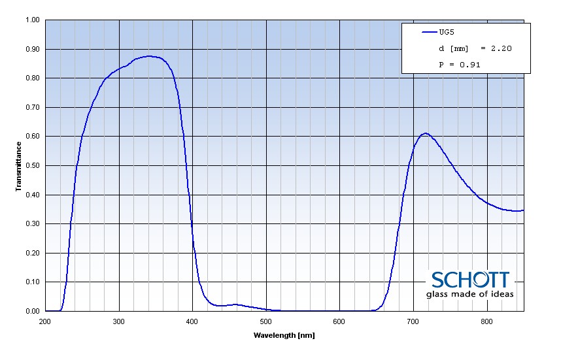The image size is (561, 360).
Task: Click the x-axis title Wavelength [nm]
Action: coord(284,335)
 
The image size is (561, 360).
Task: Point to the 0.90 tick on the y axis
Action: coord(32,49)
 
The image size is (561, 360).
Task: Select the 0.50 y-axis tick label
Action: coord(32,165)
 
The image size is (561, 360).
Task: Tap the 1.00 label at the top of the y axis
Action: coord(32,20)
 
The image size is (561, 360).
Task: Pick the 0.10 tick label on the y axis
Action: coord(32,282)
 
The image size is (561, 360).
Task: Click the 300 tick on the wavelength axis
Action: coord(118,321)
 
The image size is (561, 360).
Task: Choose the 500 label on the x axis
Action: coord(265,321)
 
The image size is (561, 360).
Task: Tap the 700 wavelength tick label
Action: coord(413,321)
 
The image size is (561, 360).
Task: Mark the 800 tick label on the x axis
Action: coord(486,321)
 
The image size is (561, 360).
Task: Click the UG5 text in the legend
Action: coord(447,31)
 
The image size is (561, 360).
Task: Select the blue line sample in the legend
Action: coord(429,31)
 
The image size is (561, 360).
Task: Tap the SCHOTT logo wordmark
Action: coord(469,280)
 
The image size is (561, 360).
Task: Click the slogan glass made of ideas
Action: coord(469,294)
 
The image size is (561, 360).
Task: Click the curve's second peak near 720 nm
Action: coord(426,133)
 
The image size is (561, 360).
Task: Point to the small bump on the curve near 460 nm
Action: coord(236,304)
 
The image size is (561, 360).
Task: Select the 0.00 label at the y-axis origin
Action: coord(32,311)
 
